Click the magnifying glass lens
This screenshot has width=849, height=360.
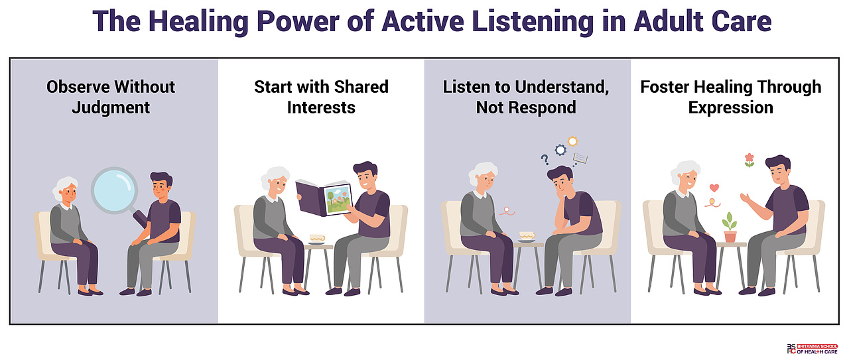click(x=115, y=190)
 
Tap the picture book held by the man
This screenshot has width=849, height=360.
click(x=324, y=198)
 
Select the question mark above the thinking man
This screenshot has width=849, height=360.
click(x=545, y=160)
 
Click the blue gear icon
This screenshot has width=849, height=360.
click(x=560, y=150)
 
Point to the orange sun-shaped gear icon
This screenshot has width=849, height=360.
click(x=572, y=142)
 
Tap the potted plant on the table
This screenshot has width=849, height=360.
click(x=730, y=227)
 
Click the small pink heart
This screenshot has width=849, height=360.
click(x=714, y=188)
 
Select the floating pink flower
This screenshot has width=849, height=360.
click(x=750, y=160)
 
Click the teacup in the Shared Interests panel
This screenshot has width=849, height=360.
click(x=317, y=239)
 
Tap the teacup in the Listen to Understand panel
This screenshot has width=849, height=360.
click(x=527, y=237)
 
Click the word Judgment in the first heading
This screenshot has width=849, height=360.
click(x=111, y=107)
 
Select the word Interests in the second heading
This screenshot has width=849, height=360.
click(x=321, y=107)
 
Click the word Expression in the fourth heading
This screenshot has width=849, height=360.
click(x=731, y=107)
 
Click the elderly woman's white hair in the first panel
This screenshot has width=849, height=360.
click(x=64, y=186)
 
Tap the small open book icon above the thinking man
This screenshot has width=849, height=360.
click(x=580, y=158)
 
